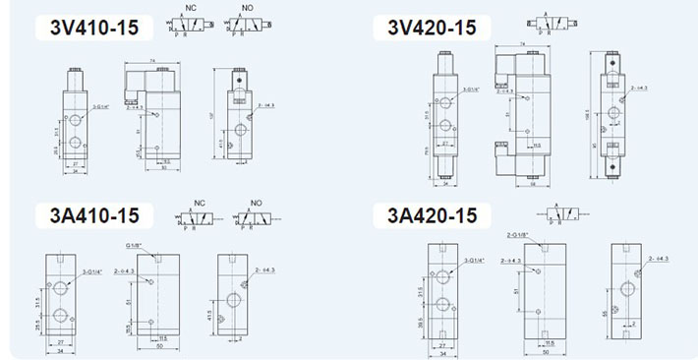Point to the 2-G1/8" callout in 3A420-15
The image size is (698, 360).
click(518, 235)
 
